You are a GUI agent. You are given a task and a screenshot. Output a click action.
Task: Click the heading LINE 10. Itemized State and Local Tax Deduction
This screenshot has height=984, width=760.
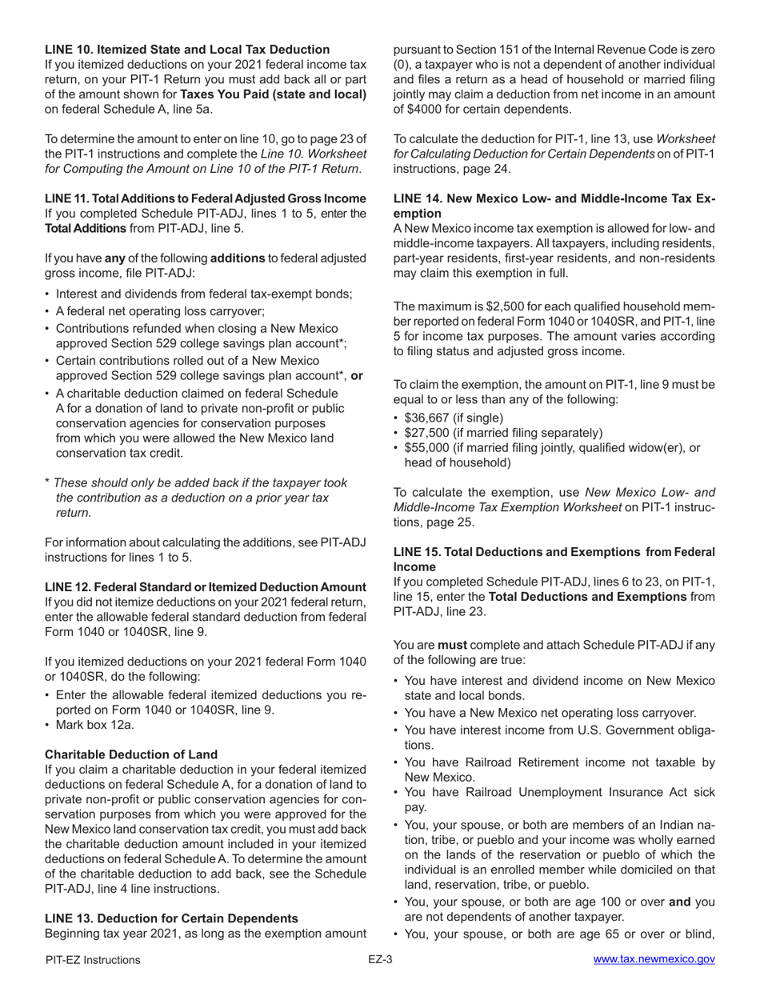[x=187, y=50]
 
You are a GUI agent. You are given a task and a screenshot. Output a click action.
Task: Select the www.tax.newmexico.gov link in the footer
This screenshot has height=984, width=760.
[x=654, y=960]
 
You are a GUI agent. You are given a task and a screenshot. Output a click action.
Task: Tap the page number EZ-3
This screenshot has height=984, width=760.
[x=380, y=960]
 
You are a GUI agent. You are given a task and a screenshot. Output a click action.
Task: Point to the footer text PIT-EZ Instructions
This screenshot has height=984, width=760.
[x=93, y=960]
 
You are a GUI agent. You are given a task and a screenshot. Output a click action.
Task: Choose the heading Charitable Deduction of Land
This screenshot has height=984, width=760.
[x=131, y=754]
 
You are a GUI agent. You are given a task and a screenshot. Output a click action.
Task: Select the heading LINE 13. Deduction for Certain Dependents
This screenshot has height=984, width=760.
[x=171, y=918]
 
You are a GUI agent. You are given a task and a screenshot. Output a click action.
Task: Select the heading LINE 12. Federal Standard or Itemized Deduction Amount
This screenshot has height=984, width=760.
[x=206, y=587]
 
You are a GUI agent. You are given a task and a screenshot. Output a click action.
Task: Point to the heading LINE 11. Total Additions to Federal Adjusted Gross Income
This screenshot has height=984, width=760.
[x=206, y=198]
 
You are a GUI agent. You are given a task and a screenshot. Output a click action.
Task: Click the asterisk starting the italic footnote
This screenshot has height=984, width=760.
[x=48, y=482]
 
